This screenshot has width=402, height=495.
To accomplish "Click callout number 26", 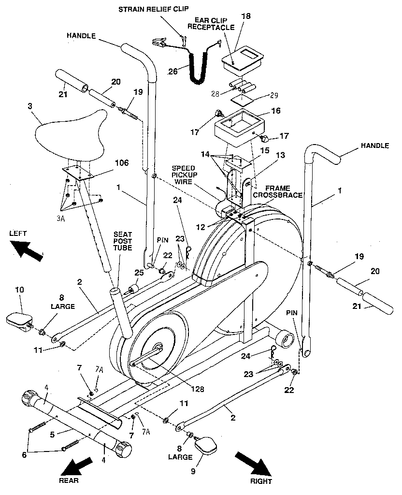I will [x=172, y=72].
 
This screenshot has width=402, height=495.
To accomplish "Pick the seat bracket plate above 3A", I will [x=79, y=173].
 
